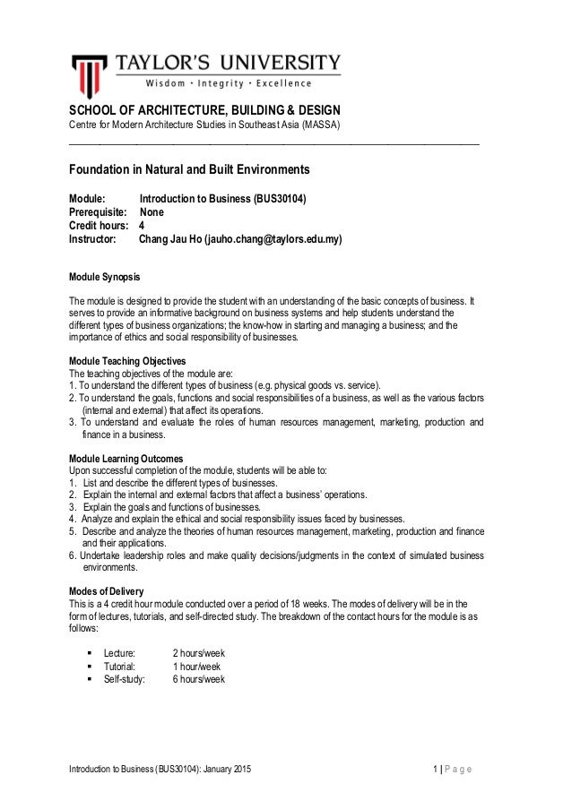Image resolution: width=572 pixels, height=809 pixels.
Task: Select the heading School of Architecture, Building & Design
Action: (204, 110)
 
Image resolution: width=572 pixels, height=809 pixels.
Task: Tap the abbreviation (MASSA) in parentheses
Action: (323, 124)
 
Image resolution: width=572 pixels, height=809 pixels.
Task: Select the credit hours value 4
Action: (141, 227)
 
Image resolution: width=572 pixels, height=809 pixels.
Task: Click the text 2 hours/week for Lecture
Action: (198, 653)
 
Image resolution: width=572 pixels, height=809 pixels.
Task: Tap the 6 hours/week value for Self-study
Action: (198, 680)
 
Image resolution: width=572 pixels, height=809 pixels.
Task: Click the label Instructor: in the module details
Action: (93, 240)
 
